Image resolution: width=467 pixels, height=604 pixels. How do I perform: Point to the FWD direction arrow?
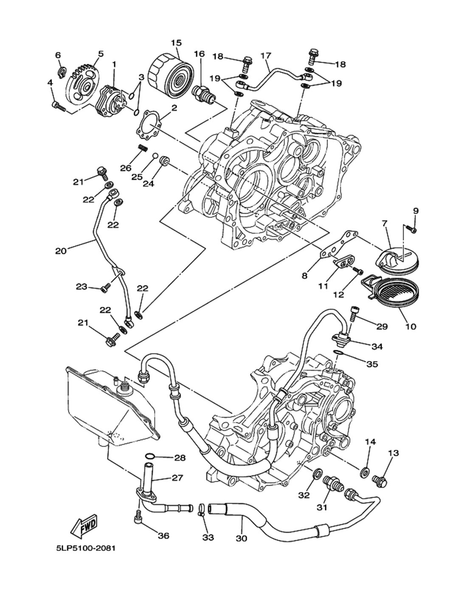pyautogui.click(x=84, y=525)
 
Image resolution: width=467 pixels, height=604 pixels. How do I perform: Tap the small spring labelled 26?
pyautogui.click(x=143, y=150)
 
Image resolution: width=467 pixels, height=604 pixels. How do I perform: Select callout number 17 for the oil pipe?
pyautogui.click(x=266, y=56)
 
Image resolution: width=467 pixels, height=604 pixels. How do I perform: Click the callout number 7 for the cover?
pyautogui.click(x=385, y=223)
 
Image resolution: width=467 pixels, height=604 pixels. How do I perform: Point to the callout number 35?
pyautogui.click(x=372, y=364)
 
